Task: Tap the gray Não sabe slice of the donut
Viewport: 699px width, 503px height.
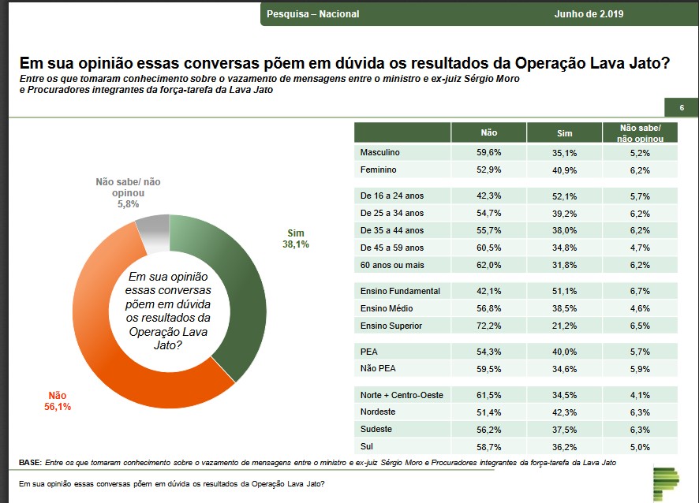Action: pos(152,233)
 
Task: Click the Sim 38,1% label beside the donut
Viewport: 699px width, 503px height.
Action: pos(296,239)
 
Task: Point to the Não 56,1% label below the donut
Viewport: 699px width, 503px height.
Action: pos(58,401)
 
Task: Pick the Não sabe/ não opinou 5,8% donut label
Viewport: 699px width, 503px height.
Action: pos(128,192)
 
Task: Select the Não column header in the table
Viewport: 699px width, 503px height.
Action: pos(488,133)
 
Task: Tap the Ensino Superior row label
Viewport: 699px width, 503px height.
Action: pos(391,326)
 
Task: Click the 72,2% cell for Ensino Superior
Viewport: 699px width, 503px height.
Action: pos(488,326)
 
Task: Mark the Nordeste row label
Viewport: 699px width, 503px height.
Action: pos(378,412)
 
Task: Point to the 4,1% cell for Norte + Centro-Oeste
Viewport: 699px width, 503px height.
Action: pos(639,395)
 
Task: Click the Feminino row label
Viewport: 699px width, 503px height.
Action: pos(378,170)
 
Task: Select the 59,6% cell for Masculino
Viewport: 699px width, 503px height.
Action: pos(488,152)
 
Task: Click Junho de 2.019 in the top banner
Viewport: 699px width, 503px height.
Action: pos(589,14)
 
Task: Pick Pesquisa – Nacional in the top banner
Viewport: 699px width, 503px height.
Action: pos(312,14)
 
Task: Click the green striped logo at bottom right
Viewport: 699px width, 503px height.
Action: pos(666,483)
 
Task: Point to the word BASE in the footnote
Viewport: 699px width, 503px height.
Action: pos(30,462)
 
